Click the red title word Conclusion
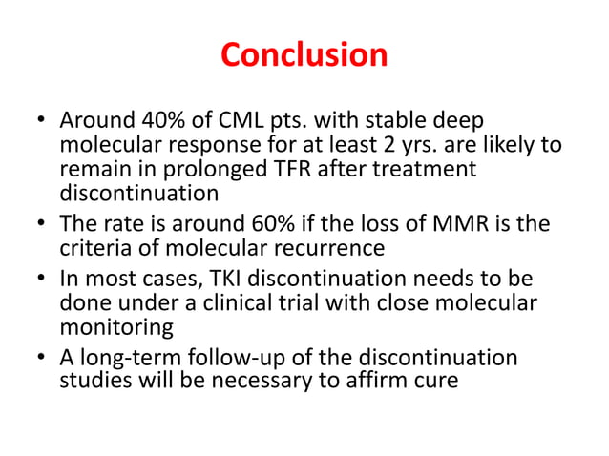(x=304, y=54)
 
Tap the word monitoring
(x=115, y=326)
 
